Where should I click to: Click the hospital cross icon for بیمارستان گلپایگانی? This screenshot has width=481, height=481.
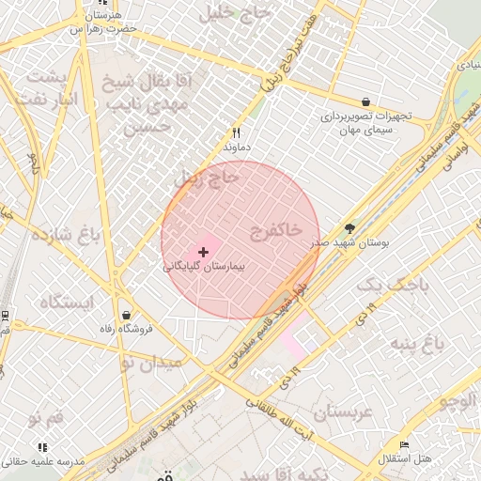pyautogui.click(x=203, y=252)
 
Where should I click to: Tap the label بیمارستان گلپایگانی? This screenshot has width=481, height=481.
pyautogui.click(x=203, y=267)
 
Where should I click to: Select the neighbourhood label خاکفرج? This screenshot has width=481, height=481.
pyautogui.click(x=276, y=228)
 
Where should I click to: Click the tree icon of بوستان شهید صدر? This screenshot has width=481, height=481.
pyautogui.click(x=350, y=228)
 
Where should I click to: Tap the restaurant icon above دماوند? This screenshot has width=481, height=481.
pyautogui.click(x=236, y=133)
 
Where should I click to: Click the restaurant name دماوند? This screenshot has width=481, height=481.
pyautogui.click(x=236, y=147)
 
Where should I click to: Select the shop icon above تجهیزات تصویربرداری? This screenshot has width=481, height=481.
pyautogui.click(x=365, y=101)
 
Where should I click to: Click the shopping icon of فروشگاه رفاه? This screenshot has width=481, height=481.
pyautogui.click(x=126, y=315)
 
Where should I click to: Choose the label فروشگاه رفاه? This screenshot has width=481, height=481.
pyautogui.click(x=124, y=330)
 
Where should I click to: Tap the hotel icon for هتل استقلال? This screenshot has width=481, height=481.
pyautogui.click(x=405, y=443)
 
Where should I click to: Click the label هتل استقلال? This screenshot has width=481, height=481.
pyautogui.click(x=405, y=458)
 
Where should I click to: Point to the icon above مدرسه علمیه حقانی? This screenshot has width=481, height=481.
pyautogui.click(x=41, y=447)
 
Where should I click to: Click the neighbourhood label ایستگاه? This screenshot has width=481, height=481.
pyautogui.click(x=68, y=302)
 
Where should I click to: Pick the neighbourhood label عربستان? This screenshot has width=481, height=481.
pyautogui.click(x=343, y=411)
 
